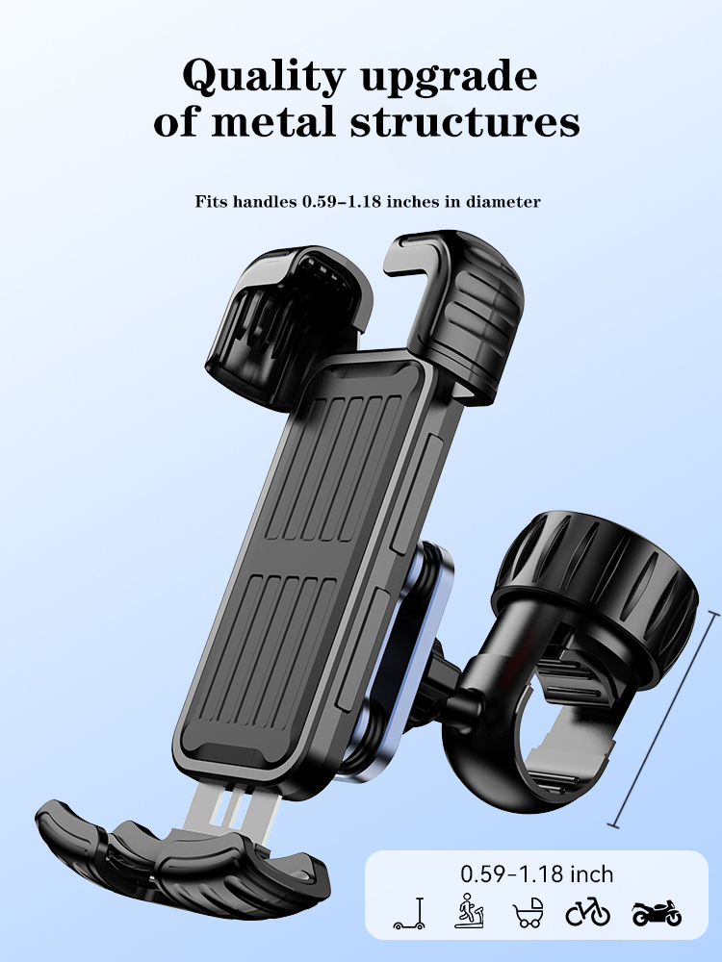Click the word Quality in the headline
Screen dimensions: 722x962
(264, 77)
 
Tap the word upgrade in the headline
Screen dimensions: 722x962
(449, 78)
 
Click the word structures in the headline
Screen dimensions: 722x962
(465, 121)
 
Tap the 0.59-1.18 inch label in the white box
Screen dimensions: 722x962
(536, 873)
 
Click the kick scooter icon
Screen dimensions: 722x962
(409, 914)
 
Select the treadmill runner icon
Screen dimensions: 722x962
(469, 910)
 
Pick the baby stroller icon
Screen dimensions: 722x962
(529, 912)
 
